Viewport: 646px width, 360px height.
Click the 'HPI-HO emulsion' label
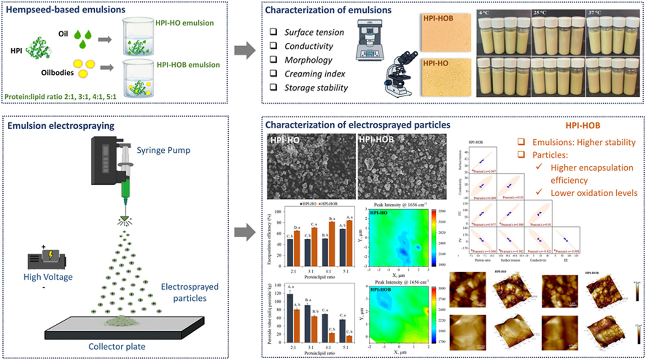tap(184, 23)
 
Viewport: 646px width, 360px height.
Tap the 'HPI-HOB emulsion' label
tap(188, 65)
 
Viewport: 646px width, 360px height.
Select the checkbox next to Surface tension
tap(274, 32)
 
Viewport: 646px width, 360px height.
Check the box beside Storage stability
tap(274, 87)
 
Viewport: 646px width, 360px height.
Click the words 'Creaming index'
tap(314, 74)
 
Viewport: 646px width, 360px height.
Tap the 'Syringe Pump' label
tap(163, 150)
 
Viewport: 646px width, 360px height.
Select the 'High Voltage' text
tap(48, 277)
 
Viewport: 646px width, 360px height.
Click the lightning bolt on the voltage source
tap(51, 255)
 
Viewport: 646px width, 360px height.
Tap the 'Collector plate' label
tap(117, 347)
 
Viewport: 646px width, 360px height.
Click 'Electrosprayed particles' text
tap(189, 292)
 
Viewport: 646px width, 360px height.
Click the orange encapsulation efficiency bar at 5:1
tap(349, 243)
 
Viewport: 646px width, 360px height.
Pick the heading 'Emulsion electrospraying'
tap(61, 126)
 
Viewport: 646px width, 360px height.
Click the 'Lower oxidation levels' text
tap(594, 193)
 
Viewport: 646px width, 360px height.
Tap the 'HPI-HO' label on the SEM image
tap(285, 140)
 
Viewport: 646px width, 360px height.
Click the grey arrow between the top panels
tap(245, 51)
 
